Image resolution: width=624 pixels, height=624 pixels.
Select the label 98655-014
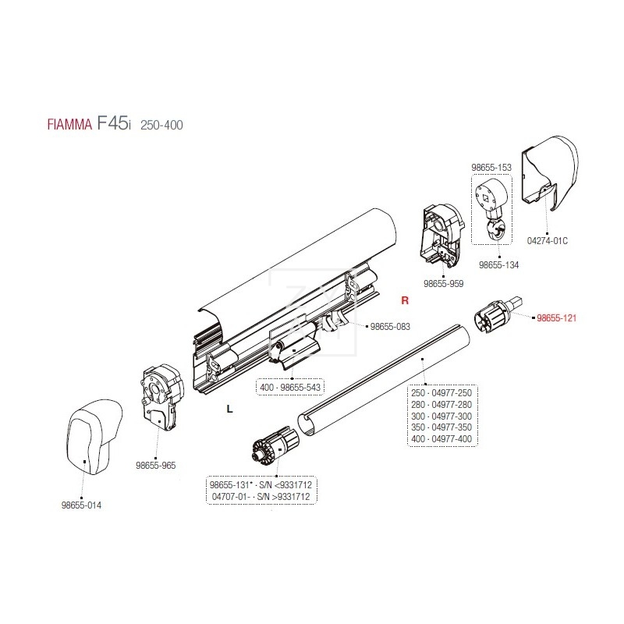pos(81,505)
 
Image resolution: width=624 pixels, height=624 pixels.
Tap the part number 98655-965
pos(156,465)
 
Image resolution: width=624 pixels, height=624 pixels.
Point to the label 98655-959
pos(443,284)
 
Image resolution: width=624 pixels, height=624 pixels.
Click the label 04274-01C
pos(548,240)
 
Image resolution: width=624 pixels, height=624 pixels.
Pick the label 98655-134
pos(499,265)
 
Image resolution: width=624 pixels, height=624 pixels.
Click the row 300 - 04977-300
pos(441,417)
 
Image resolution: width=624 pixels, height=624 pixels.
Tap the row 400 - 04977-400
pos(441,439)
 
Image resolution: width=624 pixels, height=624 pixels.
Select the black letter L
pos(229,408)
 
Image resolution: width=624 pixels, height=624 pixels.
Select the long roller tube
pos(382,382)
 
